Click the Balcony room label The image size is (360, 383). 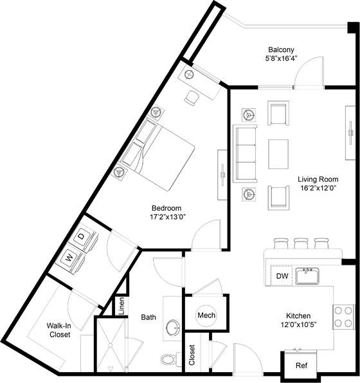pyautogui.click(x=281, y=50)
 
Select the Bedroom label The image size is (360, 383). pyautogui.click(x=166, y=208)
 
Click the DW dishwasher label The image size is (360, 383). pyautogui.click(x=282, y=276)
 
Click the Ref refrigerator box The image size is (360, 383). pyautogui.click(x=301, y=366)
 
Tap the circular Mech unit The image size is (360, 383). pyautogui.click(x=206, y=316)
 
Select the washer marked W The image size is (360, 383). pyautogui.click(x=69, y=258)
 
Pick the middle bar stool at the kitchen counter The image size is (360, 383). pyautogui.click(x=301, y=244)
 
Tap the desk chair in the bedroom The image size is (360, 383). pyautogui.click(x=192, y=97)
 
